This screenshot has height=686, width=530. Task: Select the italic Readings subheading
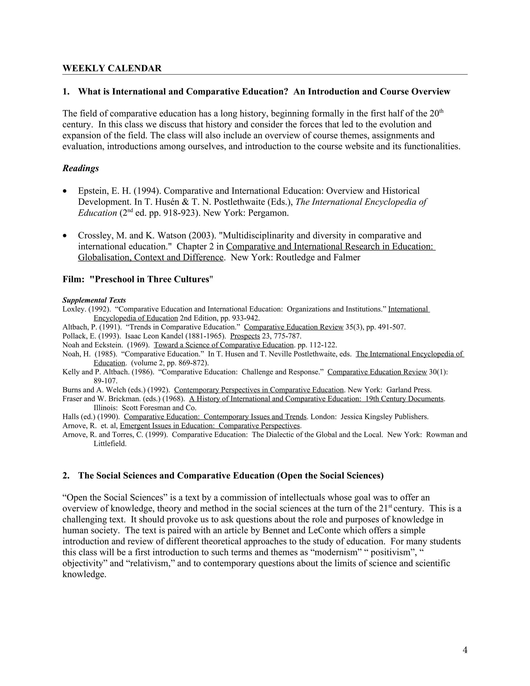[x=81, y=168]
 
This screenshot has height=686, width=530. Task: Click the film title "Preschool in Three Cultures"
[x=151, y=279]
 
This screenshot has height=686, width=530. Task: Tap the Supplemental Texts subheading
[x=94, y=300]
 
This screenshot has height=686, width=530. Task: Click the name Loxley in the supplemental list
[x=74, y=309]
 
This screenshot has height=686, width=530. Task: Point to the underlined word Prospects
[x=245, y=336]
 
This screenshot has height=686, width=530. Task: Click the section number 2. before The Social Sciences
[x=66, y=475]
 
